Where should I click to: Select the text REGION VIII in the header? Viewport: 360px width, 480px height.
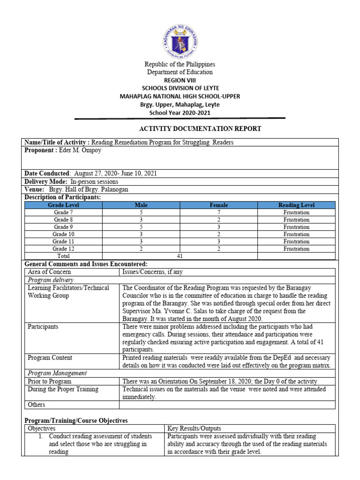[180, 80]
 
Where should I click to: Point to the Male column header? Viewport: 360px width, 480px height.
[141, 205]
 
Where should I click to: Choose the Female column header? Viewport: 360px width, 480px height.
[218, 205]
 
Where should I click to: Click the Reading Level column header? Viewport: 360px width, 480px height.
[296, 205]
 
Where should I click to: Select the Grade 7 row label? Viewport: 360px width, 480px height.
[63, 212]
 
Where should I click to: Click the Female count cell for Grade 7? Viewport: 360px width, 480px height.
[218, 212]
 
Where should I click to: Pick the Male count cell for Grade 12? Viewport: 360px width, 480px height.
[141, 249]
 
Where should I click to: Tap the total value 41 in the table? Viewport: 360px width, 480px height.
[180, 256]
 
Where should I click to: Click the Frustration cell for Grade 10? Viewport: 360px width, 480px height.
[296, 234]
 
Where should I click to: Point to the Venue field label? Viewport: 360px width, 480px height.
[35, 189]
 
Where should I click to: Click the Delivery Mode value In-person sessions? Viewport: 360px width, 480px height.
[95, 181]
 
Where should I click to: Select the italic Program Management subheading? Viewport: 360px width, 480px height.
[57, 373]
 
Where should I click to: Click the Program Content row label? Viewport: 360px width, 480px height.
[50, 358]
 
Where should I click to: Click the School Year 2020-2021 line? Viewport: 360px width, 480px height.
[180, 112]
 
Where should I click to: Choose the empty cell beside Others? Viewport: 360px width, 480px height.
[227, 405]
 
